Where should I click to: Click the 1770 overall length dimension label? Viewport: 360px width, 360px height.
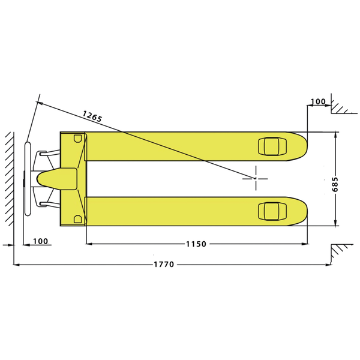(x=164, y=265)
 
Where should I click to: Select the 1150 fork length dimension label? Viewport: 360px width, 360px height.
(x=196, y=244)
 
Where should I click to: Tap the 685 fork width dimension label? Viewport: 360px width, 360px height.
(x=335, y=184)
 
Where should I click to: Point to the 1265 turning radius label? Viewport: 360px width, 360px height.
(x=92, y=116)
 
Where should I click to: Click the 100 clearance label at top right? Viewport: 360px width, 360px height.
(x=318, y=101)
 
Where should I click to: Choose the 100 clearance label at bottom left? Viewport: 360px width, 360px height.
(x=41, y=241)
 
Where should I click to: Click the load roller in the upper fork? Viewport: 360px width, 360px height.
(x=272, y=146)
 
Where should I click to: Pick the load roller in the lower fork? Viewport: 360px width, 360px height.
(x=272, y=211)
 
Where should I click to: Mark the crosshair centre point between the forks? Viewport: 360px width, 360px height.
(x=256, y=178)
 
